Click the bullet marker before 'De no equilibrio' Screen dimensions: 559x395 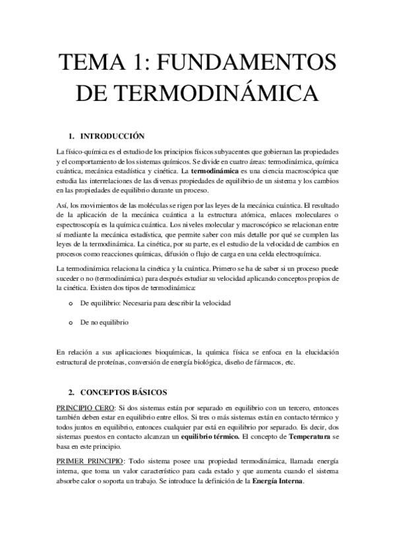point(69,323)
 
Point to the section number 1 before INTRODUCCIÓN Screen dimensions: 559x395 point(71,137)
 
